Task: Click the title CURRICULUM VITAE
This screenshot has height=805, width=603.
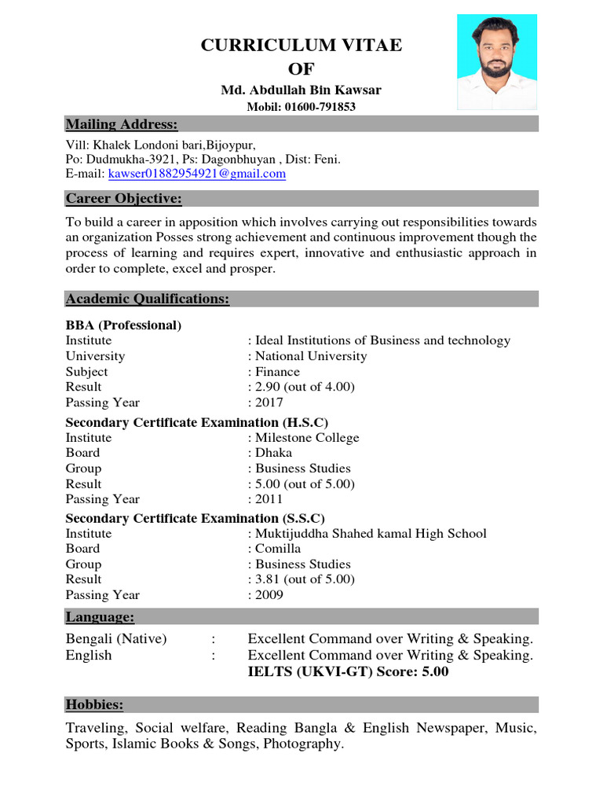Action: tap(301, 46)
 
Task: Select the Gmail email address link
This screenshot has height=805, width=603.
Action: tap(197, 174)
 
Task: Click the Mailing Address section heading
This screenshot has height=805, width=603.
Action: tap(122, 124)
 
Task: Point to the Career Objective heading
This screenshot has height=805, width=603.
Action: tap(124, 198)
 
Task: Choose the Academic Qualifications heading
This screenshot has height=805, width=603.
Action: tap(148, 299)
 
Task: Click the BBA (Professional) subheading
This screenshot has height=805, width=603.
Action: tap(124, 325)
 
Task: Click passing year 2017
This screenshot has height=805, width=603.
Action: tap(269, 402)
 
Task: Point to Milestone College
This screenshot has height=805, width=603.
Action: tap(306, 438)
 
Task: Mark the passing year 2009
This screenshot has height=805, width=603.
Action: tap(269, 595)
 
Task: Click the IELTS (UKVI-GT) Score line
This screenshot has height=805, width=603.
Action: tap(348, 672)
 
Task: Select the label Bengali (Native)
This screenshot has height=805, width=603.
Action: tap(116, 639)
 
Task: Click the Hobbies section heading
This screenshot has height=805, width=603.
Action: tap(95, 704)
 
